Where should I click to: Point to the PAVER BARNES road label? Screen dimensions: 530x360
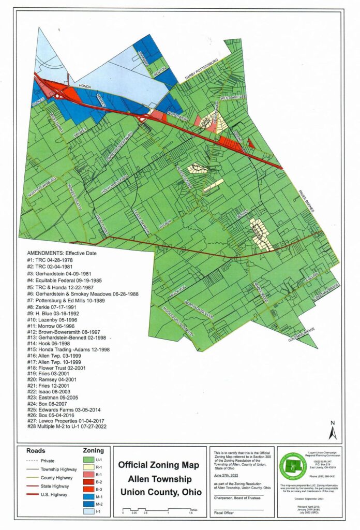[305, 200]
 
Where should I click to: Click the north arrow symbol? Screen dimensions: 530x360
[334, 430]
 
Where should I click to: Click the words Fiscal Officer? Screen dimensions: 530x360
[225, 512]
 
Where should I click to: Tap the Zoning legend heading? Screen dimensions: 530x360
[94, 451]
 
